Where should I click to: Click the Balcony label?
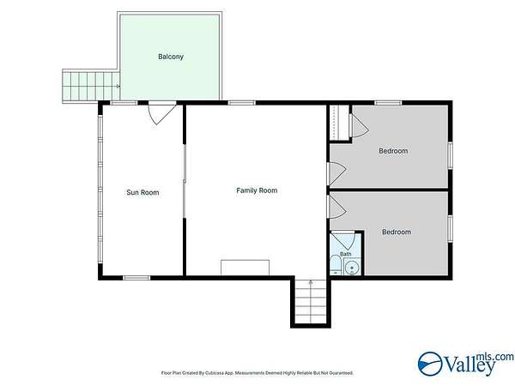tap(171, 57)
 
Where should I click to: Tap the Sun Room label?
tap(142, 192)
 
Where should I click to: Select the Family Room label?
tap(257, 190)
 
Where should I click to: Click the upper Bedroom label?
tap(393, 151)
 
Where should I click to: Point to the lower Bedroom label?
tap(397, 232)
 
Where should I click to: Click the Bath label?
tap(346, 254)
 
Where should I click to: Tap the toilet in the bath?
tap(336, 264)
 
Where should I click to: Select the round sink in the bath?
tap(352, 268)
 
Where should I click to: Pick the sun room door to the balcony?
tap(161, 112)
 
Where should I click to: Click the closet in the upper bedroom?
tap(339, 123)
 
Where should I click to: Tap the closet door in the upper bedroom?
tap(358, 125)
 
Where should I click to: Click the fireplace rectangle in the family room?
tap(245, 268)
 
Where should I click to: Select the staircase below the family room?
tap(311, 301)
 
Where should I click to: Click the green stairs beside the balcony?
tap(91, 87)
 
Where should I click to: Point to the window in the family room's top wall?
tap(242, 103)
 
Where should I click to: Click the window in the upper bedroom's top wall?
tap(388, 103)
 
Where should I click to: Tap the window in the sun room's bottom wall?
tap(136, 278)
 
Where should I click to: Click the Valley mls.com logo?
tap(466, 364)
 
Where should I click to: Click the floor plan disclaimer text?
tap(257, 373)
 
